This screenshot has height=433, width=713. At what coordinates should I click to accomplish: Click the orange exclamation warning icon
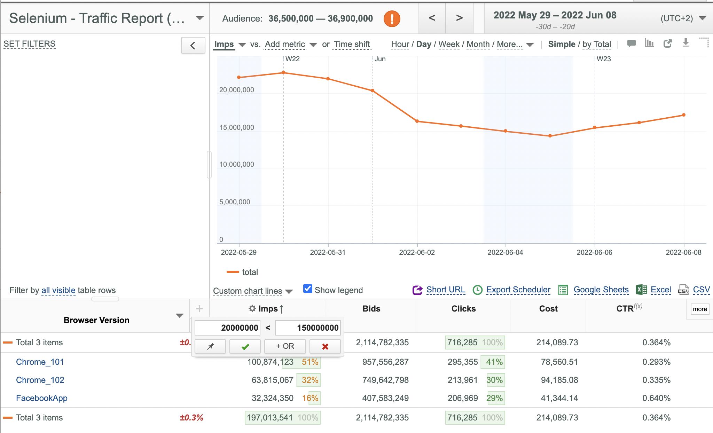[392, 18]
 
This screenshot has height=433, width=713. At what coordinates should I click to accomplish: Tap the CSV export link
[701, 290]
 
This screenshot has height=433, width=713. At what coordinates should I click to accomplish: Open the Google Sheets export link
[601, 290]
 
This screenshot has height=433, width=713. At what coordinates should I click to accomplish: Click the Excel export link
[661, 290]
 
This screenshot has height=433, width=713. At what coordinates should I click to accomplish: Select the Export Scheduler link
[518, 290]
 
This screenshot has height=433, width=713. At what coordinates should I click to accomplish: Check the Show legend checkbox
[307, 289]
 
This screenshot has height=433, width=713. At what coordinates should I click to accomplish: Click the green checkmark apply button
[245, 346]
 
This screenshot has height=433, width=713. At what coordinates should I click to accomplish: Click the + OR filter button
[285, 346]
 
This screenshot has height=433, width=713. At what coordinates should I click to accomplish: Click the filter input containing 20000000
[227, 328]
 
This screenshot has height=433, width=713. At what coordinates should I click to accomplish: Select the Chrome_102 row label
[40, 380]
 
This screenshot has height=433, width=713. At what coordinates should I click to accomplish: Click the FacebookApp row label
[42, 398]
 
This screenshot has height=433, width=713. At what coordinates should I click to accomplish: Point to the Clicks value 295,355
[463, 362]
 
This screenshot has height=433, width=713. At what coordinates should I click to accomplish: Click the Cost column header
[548, 309]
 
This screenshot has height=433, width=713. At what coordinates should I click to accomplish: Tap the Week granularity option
[449, 44]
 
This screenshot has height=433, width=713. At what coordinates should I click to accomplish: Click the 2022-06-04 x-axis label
[505, 252]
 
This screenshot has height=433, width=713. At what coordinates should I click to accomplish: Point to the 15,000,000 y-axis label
[237, 127]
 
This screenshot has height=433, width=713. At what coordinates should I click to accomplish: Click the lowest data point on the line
[550, 136]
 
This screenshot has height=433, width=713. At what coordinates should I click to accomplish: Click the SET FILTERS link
[30, 44]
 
